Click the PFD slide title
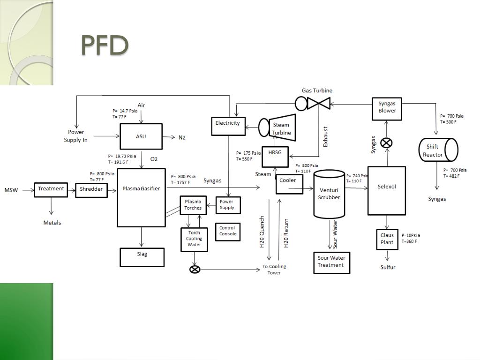(105, 45)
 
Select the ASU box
(141, 136)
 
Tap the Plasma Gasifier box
(141, 197)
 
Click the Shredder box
(91, 189)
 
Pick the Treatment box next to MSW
(51, 189)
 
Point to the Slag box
(142, 257)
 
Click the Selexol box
(387, 190)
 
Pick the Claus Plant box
(387, 239)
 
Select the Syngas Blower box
(387, 109)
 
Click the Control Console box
(228, 232)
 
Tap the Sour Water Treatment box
(331, 262)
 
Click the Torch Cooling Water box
(194, 239)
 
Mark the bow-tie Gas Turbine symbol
(319, 103)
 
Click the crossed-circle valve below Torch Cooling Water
(194, 270)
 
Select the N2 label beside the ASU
(182, 137)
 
